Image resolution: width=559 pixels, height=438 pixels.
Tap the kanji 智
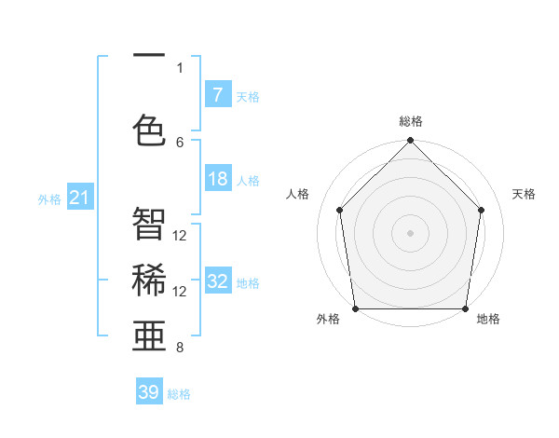149,224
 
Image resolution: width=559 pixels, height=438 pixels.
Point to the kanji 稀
149,280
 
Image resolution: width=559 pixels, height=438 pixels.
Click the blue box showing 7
217,95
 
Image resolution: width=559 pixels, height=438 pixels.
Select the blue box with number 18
217,179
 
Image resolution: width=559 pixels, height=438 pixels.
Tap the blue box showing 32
217,282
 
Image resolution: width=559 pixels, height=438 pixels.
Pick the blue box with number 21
80,198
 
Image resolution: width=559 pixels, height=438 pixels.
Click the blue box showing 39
149,392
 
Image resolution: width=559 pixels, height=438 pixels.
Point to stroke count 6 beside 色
180,142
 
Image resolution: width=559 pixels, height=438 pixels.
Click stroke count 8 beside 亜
180,348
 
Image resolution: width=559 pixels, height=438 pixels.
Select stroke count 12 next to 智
180,236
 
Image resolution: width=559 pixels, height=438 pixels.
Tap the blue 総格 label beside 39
179,394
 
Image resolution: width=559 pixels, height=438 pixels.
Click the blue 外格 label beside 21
49,199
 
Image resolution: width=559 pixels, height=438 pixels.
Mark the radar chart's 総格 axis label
411,121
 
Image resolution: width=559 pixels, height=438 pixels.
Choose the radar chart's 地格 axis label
488,319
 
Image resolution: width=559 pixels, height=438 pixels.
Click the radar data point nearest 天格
482,210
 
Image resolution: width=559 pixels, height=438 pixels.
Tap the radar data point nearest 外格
355,308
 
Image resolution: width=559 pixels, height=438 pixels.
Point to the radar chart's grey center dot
410,232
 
